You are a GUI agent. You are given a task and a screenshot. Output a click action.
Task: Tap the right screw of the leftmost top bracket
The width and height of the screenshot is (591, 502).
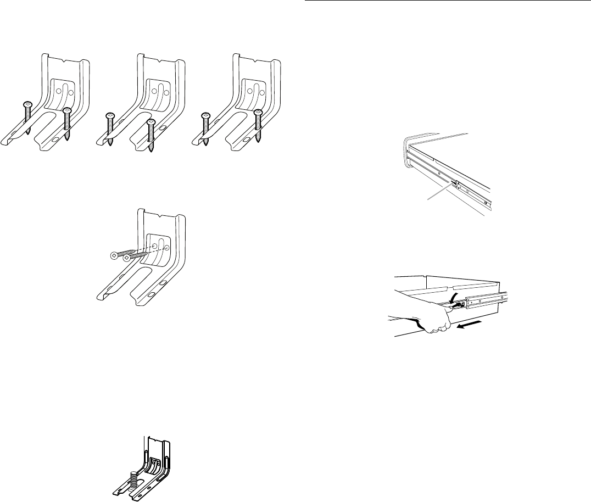coord(67,112)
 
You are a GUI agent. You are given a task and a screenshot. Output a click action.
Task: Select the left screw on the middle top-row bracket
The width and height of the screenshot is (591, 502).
coord(109,116)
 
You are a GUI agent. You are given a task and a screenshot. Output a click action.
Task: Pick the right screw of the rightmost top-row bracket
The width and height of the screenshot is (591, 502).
coord(258,113)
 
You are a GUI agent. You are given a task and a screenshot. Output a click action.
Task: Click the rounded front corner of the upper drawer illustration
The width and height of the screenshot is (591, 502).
coord(409,148)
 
